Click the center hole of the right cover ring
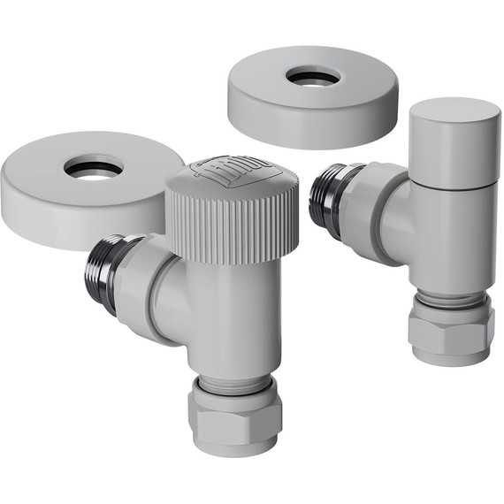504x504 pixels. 313,77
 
